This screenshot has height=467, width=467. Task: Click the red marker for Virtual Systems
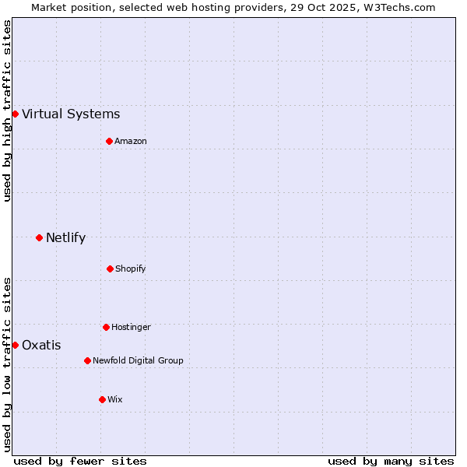15,114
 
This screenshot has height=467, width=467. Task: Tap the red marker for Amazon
109,141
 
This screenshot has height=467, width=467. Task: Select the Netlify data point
39,237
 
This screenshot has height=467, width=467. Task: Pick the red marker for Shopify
110,269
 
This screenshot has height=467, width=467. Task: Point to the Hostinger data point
106,327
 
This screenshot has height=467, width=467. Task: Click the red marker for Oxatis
15,345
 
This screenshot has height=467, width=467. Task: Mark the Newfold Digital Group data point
87,360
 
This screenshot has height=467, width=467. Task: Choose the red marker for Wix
102,399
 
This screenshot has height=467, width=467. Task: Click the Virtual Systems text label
71,114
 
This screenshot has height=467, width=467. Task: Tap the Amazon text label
131,141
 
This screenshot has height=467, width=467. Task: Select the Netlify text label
65,238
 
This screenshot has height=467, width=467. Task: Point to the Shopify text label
131,269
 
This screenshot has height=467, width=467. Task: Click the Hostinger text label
131,327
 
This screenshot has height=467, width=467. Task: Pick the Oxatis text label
41,346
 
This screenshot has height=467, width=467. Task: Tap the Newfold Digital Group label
139,360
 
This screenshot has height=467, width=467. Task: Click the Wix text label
115,399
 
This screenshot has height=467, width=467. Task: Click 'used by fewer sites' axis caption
80,461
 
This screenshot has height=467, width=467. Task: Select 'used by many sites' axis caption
391,461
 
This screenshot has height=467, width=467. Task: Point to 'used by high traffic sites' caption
7,111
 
